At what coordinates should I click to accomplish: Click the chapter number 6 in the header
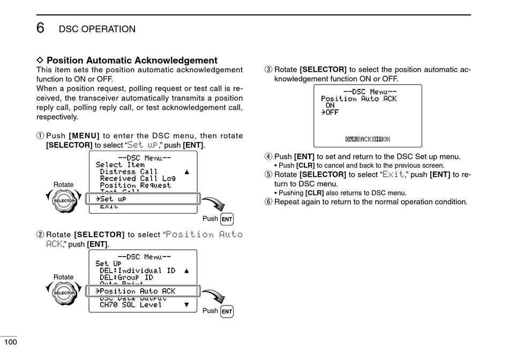(x=41, y=27)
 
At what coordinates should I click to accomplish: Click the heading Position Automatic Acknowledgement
(x=132, y=61)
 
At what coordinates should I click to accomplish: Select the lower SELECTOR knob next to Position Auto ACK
(x=64, y=292)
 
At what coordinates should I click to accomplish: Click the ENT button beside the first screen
(x=227, y=219)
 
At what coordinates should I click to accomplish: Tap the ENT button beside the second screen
(x=227, y=311)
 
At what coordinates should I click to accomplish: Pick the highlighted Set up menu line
(x=143, y=199)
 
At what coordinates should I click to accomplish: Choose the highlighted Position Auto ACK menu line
(x=143, y=291)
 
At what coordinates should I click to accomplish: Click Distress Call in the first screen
(x=129, y=172)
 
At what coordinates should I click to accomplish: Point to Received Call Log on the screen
(x=137, y=178)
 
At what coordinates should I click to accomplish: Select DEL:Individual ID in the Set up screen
(x=137, y=271)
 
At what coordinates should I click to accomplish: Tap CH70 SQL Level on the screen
(x=130, y=305)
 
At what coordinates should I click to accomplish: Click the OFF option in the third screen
(x=331, y=112)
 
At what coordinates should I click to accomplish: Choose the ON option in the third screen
(x=330, y=106)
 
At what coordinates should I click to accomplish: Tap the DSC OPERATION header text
(x=97, y=29)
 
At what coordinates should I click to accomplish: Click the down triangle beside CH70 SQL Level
(x=186, y=305)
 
